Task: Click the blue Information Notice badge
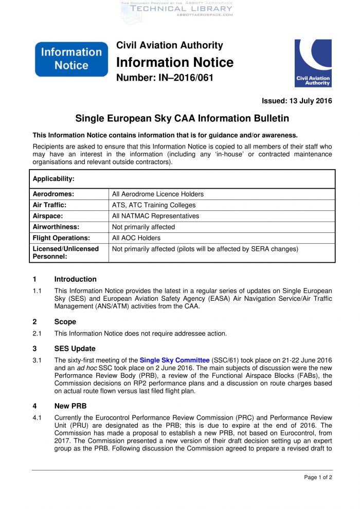71,59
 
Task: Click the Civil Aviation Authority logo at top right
313,63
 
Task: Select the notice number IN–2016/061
165,78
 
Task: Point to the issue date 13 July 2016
297,101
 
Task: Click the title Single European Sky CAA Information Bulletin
182,119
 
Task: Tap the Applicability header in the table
53,179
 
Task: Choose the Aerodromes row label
53,194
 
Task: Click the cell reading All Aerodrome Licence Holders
158,194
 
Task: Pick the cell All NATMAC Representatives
155,216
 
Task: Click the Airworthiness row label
56,227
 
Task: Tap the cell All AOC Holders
136,238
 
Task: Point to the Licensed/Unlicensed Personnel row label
65,252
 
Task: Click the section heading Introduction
75,279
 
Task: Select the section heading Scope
65,322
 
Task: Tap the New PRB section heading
71,406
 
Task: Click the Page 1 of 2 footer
318,477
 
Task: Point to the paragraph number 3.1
37,360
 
